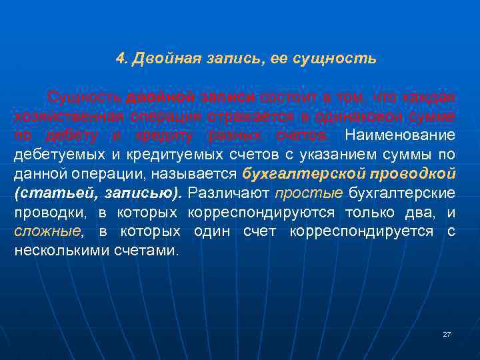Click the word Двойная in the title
point(159,59)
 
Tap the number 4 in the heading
point(119,59)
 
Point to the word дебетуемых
point(55,155)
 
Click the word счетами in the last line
point(141,251)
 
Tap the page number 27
point(447,334)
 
